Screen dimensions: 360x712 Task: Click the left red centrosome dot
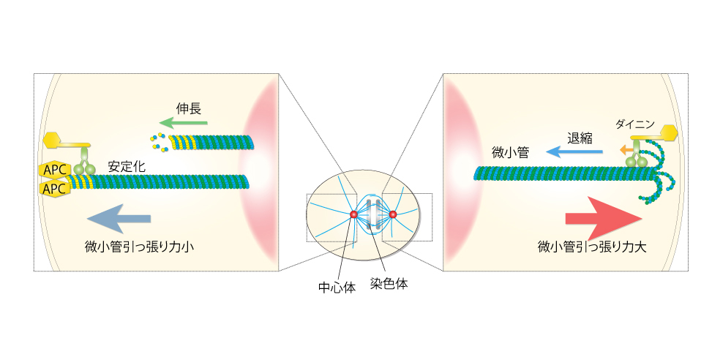click(x=353, y=214)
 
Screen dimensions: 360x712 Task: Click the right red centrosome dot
click(x=393, y=214)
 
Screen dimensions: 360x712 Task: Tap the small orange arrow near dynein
click(x=625, y=149)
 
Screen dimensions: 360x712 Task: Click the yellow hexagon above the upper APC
click(x=53, y=140)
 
